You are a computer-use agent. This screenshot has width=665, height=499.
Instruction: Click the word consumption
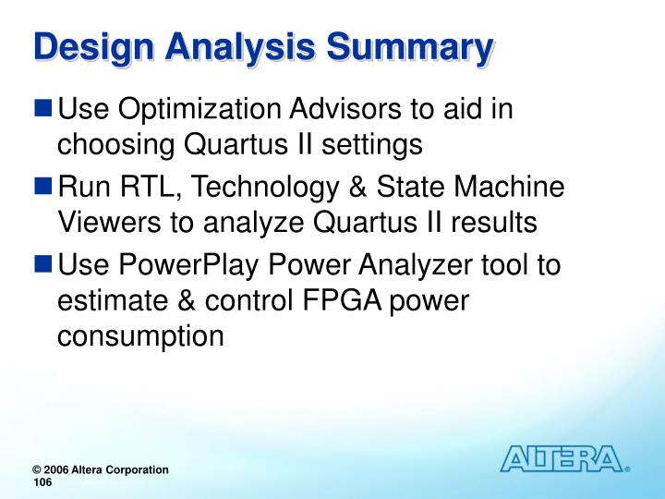tap(140, 335)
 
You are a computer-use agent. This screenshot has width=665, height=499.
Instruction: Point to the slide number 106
tap(43, 482)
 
